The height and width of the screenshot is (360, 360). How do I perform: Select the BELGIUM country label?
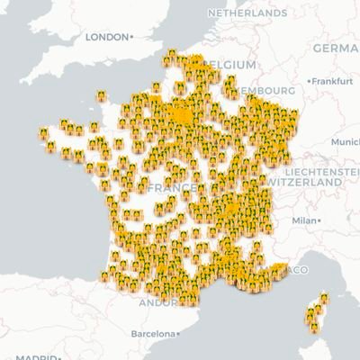[x=236, y=65]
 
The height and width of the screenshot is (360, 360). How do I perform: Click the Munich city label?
[x=346, y=142]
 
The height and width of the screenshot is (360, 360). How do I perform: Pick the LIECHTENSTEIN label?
[x=319, y=170]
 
